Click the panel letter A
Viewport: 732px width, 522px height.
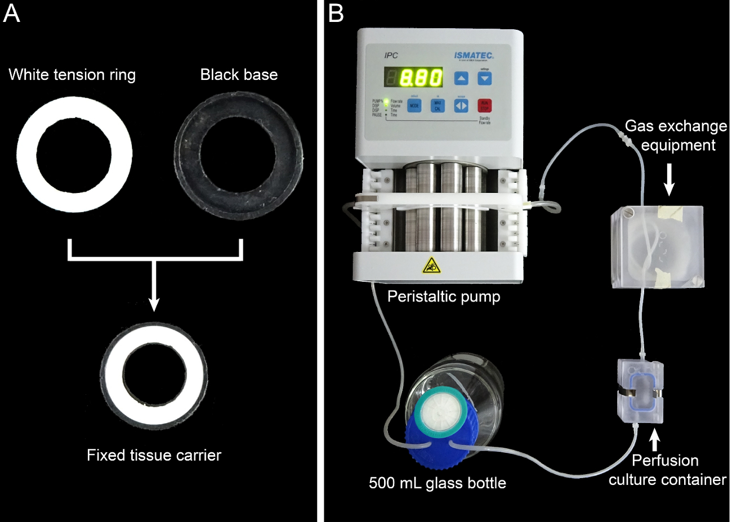(12, 13)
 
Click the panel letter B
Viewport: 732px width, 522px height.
(336, 13)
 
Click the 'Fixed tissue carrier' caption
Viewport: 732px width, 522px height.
(154, 455)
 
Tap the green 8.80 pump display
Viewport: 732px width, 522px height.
(421, 77)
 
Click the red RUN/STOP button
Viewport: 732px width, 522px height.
(484, 105)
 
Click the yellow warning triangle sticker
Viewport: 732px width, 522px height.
(431, 264)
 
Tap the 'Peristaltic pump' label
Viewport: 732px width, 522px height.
(444, 296)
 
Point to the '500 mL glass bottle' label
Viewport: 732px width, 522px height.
(438, 483)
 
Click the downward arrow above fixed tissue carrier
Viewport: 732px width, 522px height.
(154, 292)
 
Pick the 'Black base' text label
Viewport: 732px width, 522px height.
(239, 75)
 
